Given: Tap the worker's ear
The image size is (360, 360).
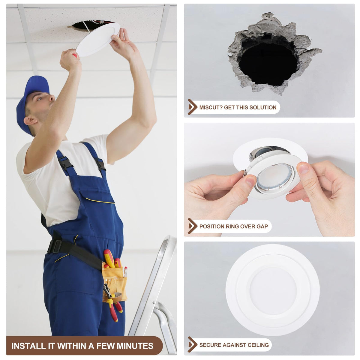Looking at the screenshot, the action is (x=30, y=120).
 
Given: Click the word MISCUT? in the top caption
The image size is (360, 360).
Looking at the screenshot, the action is (x=211, y=107).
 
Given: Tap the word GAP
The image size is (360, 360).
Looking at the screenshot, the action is (x=262, y=226).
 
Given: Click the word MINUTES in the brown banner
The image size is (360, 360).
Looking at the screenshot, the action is (x=135, y=346).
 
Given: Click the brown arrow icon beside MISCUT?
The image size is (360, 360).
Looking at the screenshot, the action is (x=192, y=107).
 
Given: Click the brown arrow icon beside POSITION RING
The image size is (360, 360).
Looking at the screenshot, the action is (x=192, y=226).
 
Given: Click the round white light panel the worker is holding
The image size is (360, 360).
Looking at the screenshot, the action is (x=98, y=39).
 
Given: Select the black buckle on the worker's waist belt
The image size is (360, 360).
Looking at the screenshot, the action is (x=55, y=246).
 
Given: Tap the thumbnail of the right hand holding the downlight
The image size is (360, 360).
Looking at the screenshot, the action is (x=304, y=169).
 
